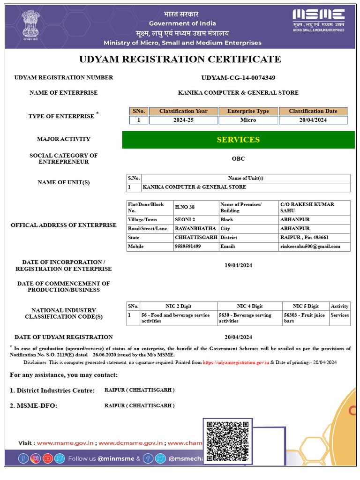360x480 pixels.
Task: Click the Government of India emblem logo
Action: [x=30, y=25]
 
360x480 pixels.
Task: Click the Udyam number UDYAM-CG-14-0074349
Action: [x=238, y=77]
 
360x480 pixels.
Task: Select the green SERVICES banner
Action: [x=238, y=140]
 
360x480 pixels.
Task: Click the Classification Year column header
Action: [x=183, y=111]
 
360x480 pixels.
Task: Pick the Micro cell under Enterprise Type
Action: [x=248, y=120]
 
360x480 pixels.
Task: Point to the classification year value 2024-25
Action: [x=183, y=120]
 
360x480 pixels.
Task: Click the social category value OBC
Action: [x=238, y=158]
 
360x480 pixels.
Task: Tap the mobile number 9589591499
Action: [x=188, y=247]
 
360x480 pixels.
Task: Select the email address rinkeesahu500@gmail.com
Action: [x=310, y=247]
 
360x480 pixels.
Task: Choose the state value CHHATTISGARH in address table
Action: [x=195, y=238]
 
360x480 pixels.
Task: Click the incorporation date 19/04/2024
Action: [x=238, y=265]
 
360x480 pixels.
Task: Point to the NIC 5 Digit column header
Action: [x=306, y=306]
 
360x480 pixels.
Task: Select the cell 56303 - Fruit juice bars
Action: [x=305, y=318]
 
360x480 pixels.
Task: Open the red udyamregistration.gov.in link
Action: [x=236, y=362]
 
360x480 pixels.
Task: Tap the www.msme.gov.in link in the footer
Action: [x=66, y=443]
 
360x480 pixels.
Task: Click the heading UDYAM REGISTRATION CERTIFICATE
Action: [x=180, y=59]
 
